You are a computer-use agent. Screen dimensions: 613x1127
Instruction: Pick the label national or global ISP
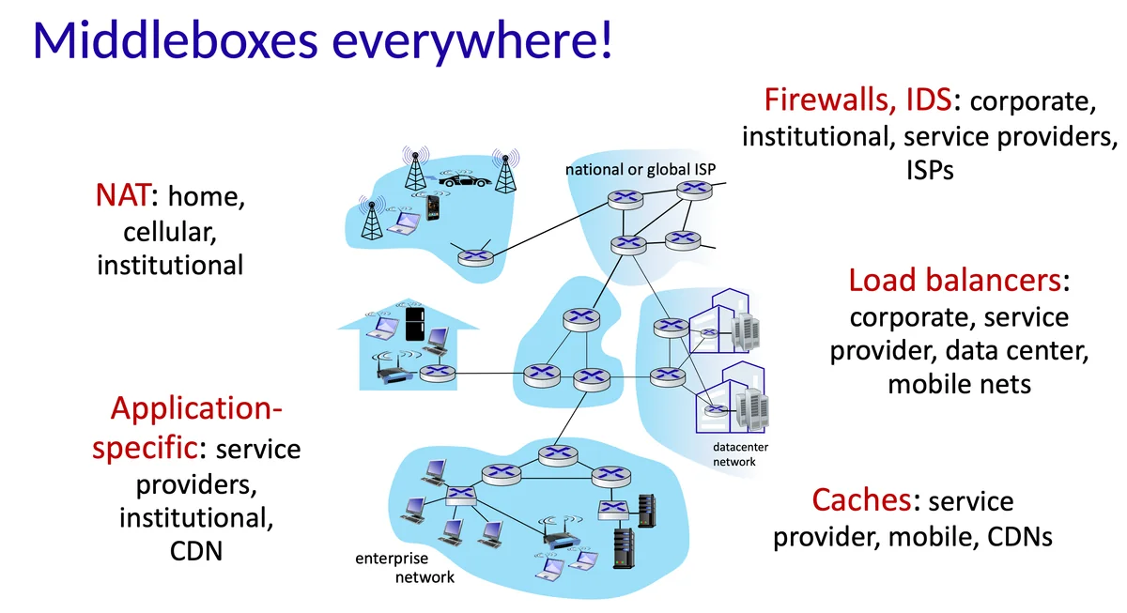[x=640, y=170]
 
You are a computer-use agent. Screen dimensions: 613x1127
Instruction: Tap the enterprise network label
[x=405, y=568]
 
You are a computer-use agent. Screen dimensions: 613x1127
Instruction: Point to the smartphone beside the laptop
[x=433, y=207]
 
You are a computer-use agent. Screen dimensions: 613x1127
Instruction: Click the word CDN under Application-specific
[x=195, y=550]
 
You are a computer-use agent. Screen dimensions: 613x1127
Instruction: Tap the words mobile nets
[x=959, y=384]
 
